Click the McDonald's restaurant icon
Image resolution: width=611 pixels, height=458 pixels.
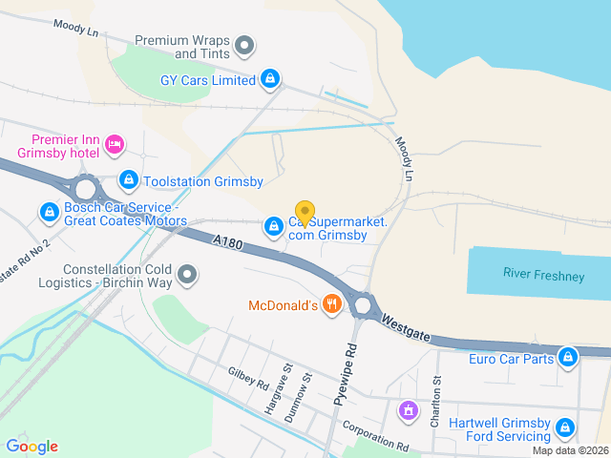(332, 305)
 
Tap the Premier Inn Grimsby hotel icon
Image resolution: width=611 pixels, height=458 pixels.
(114, 145)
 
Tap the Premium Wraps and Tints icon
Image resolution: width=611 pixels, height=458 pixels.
(245, 45)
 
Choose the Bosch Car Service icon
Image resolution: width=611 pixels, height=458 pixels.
(49, 211)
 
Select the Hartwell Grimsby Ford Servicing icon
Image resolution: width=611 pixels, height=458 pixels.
(565, 427)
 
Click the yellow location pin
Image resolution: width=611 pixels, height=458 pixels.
(305, 213)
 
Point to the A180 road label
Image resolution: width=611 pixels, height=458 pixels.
(229, 244)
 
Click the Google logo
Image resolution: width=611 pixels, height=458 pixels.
(32, 447)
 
